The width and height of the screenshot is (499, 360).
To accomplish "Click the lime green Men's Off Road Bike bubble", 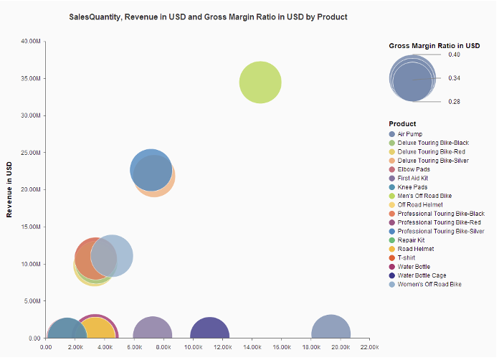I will pos(260,82).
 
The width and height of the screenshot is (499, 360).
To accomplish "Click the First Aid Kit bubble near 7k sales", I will pos(153,333).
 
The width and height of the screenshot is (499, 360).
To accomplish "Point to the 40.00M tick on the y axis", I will pos(29,41).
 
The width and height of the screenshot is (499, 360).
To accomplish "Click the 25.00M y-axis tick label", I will pos(29,153).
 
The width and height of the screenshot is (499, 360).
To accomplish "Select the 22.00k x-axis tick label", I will pos(369,347).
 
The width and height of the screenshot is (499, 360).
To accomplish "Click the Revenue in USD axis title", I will pos(9,189).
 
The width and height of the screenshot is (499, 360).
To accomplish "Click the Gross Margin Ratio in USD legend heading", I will pos(434,45).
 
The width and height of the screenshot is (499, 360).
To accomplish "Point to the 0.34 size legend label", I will pos(454,77).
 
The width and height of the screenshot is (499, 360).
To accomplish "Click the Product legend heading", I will pos(402,123).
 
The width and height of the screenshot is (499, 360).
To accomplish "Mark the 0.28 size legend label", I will pos(454,102).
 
